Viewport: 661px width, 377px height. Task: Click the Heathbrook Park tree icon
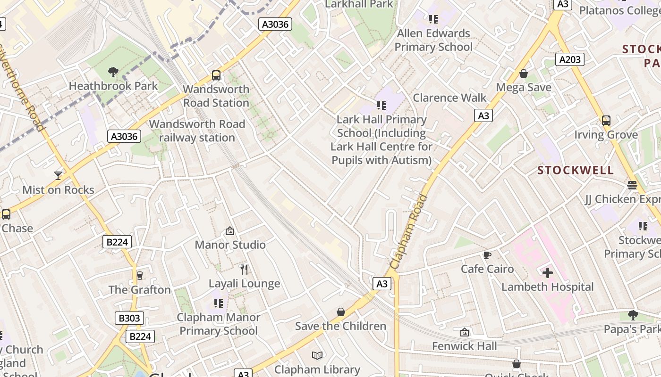point(113,72)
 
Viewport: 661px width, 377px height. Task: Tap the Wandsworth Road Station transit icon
point(216,75)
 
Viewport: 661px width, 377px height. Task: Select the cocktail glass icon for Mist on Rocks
point(58,176)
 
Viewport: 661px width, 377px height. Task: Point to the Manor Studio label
point(230,245)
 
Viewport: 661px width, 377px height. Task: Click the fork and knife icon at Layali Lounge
point(244,270)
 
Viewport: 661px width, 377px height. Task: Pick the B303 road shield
point(129,318)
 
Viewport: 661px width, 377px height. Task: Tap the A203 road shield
point(570,59)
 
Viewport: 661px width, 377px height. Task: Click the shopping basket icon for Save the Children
point(341,312)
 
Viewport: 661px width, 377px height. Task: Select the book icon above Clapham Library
point(318,355)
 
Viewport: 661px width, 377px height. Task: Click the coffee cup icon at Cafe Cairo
point(487,255)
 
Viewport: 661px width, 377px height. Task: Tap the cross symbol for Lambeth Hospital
point(548,273)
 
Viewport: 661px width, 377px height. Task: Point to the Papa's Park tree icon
point(633,315)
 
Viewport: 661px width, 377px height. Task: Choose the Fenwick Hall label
point(465,346)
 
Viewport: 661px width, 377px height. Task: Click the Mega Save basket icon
point(524,74)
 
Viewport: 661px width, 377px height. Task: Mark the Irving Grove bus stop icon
point(606,121)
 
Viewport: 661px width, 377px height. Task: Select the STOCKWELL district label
point(576,170)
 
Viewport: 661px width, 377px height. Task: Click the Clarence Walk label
point(449,98)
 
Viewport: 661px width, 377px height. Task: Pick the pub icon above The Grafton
point(139,276)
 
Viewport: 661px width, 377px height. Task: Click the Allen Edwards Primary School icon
point(433,19)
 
